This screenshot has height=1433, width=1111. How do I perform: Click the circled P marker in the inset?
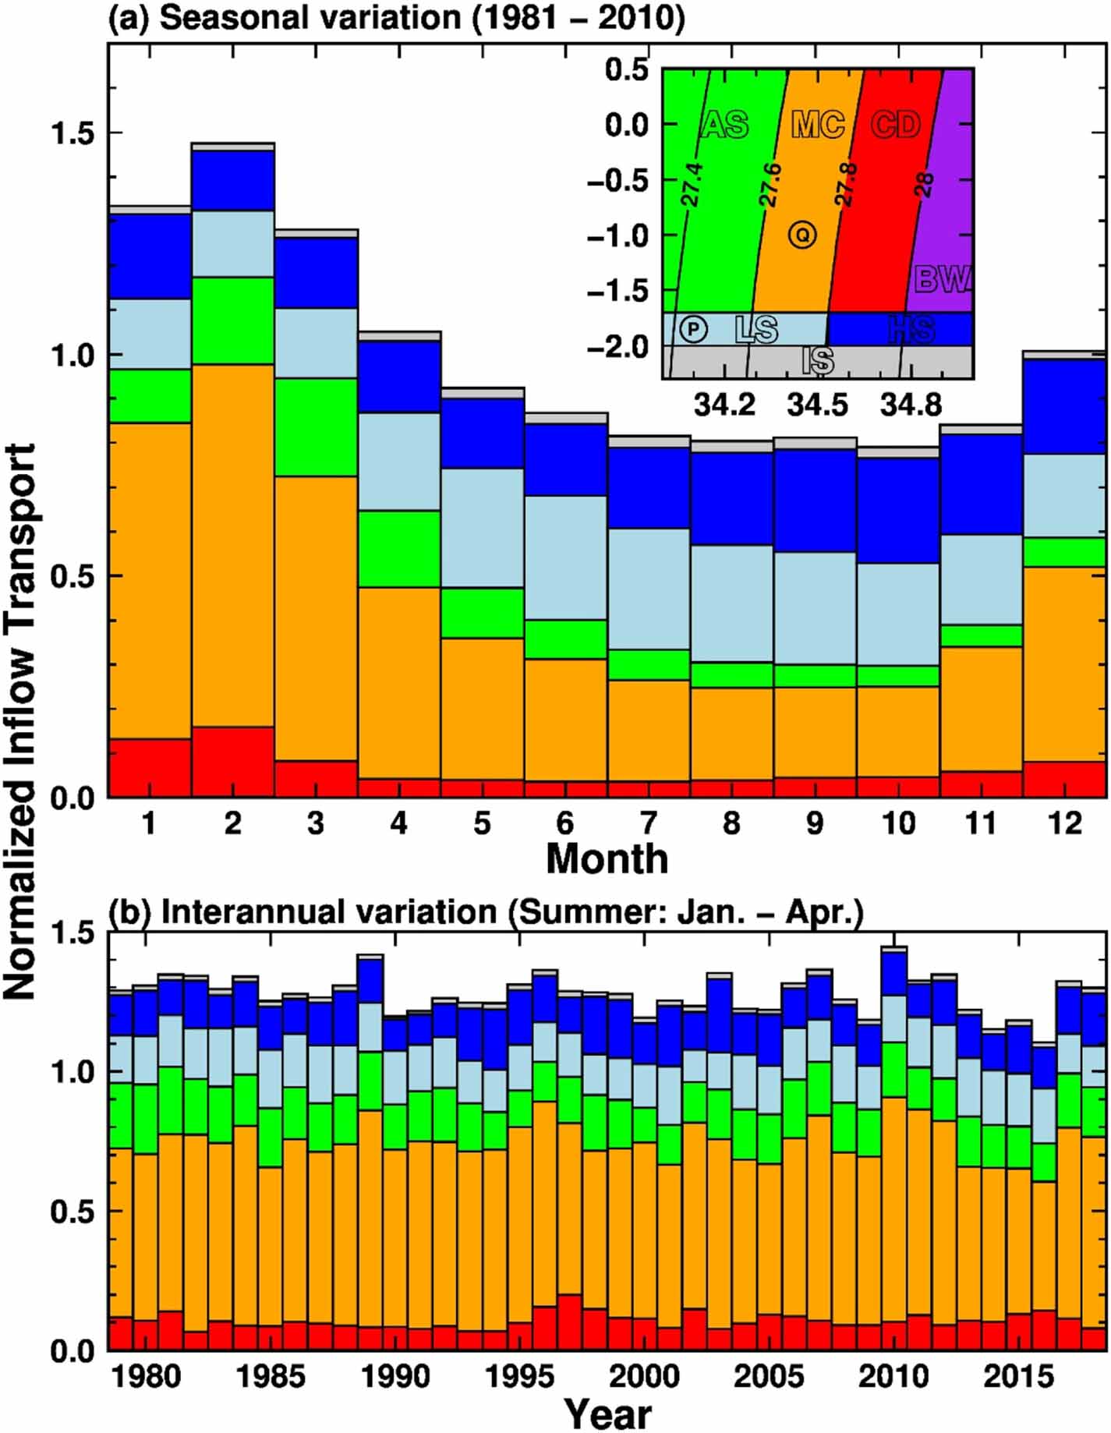coord(692,329)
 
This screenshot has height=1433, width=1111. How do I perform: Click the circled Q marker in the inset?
coord(802,234)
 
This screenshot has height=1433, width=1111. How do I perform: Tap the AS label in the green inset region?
coord(725,125)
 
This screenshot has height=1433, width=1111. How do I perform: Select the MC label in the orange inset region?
coord(818,125)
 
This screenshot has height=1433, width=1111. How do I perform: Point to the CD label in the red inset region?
coord(896,125)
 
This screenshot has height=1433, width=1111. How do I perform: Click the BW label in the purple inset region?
coord(943,279)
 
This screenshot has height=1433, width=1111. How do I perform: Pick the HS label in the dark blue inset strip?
coord(911,330)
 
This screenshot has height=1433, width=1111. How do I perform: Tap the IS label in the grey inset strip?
coord(818,362)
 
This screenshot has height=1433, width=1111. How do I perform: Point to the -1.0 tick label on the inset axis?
coord(617,235)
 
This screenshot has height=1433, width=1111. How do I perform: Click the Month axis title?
coord(607,859)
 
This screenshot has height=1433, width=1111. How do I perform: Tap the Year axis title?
coord(607,1413)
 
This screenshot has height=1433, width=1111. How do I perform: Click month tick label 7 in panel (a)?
coord(648,823)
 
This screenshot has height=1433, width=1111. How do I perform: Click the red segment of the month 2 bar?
coord(232,762)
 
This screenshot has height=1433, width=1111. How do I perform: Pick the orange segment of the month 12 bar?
coord(1064,663)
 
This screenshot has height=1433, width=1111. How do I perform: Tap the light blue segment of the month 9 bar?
coord(815,608)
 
